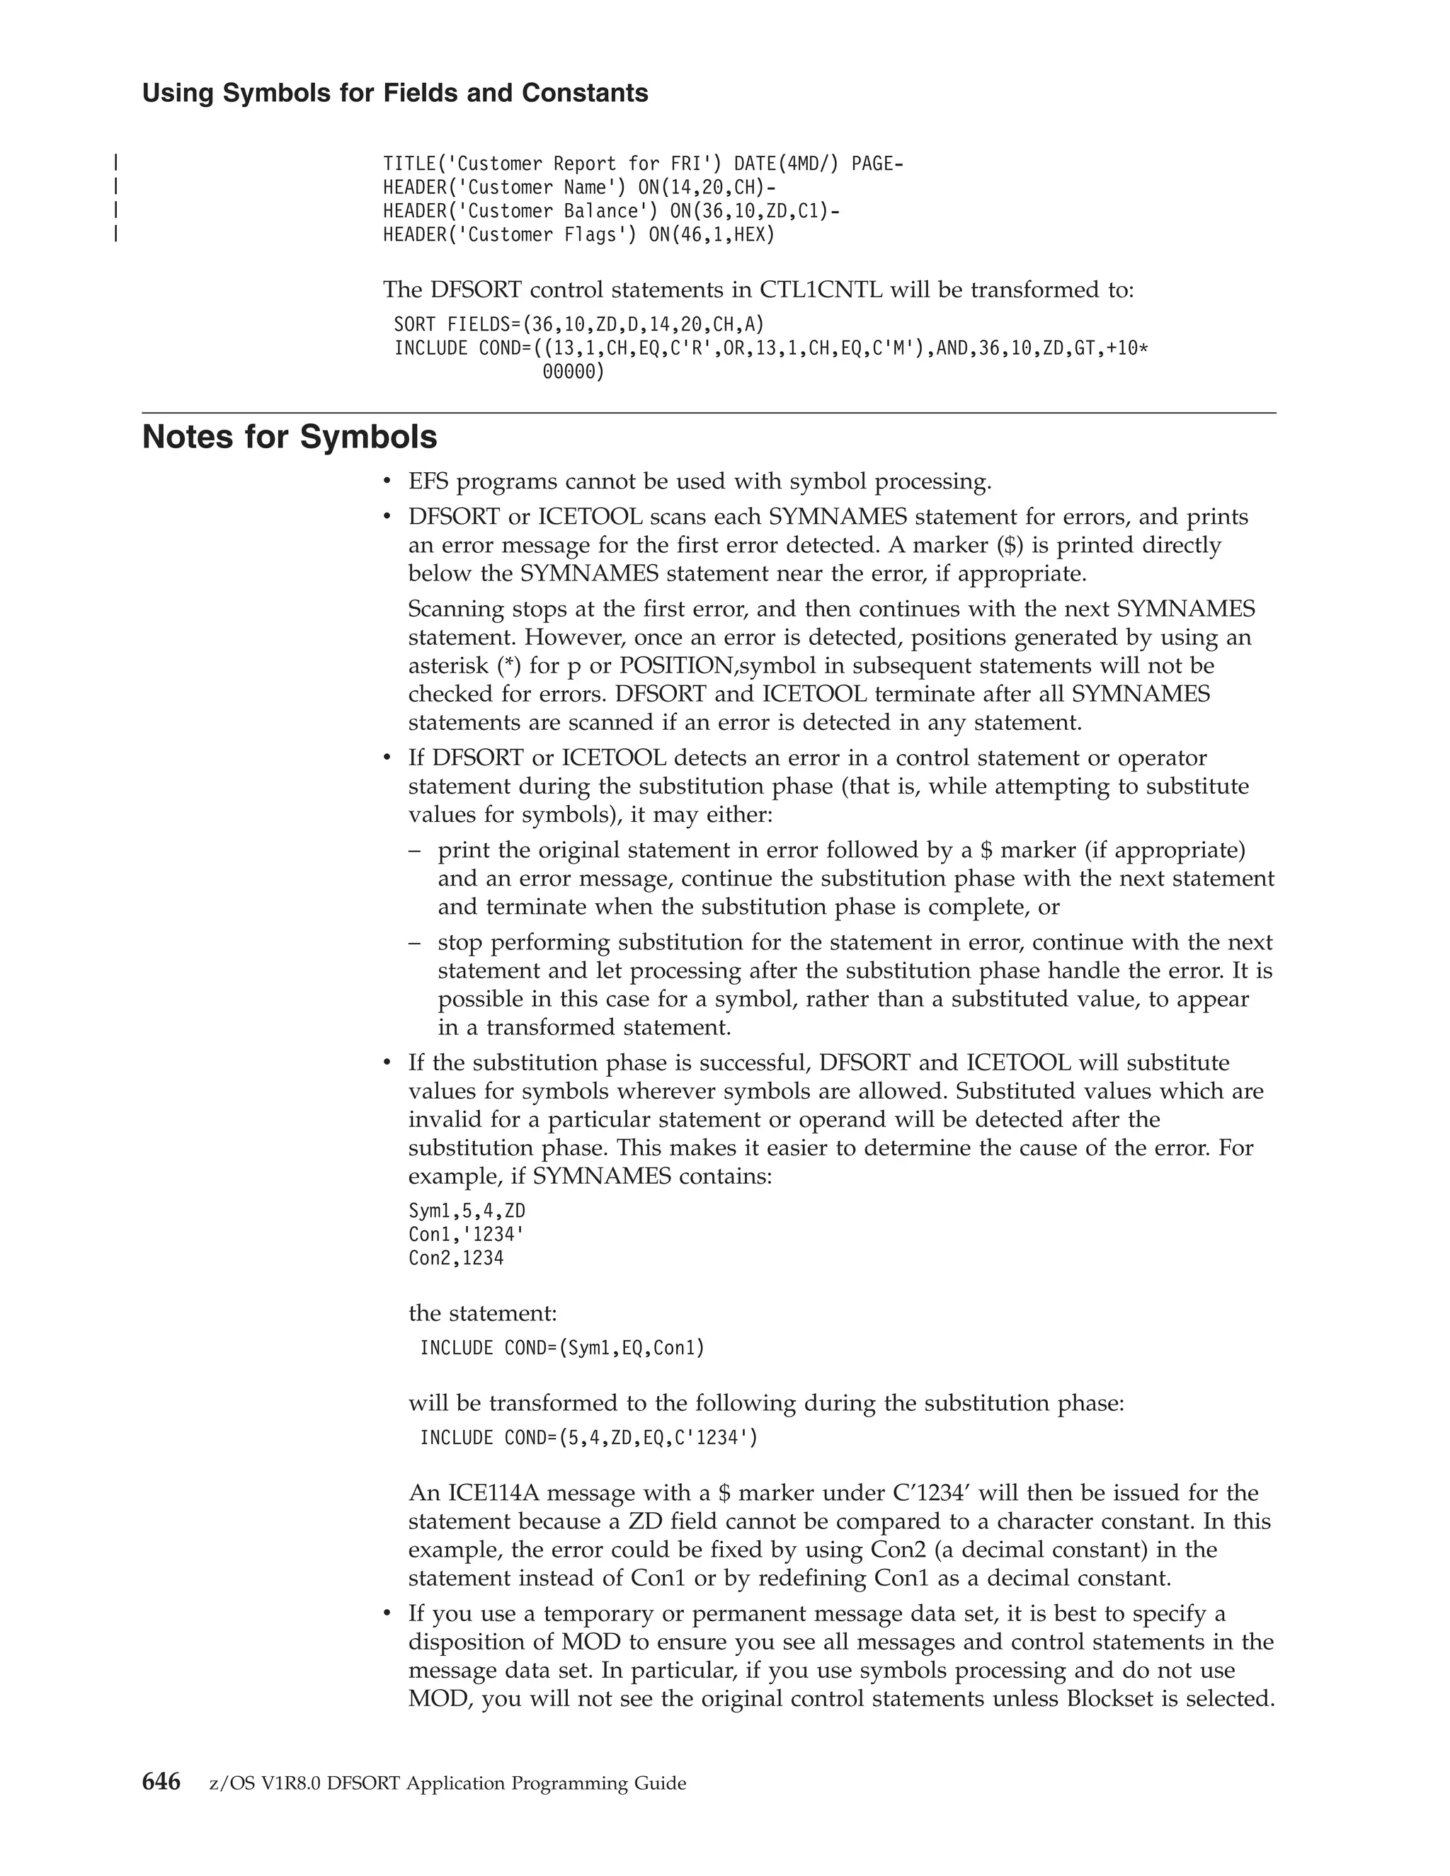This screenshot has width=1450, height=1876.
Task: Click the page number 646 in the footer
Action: [x=161, y=1783]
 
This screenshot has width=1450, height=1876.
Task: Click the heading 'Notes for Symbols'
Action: [x=290, y=437]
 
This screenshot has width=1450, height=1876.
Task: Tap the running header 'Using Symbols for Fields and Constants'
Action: [x=395, y=93]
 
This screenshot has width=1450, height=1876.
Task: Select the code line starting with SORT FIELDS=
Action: [x=579, y=325]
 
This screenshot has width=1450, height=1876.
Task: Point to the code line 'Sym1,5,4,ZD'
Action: [x=467, y=1211]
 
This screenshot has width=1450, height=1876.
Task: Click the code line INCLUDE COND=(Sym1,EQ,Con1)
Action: [x=561, y=1349]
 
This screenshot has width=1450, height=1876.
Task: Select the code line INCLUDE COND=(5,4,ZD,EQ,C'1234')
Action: [x=589, y=1438]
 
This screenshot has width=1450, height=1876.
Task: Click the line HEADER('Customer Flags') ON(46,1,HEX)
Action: [x=579, y=234]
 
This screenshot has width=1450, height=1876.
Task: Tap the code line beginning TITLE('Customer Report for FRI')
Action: [x=643, y=164]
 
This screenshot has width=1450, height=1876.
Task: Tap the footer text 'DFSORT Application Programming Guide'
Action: [x=507, y=1784]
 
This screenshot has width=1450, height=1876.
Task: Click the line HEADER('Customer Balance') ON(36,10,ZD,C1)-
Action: [x=612, y=211]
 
